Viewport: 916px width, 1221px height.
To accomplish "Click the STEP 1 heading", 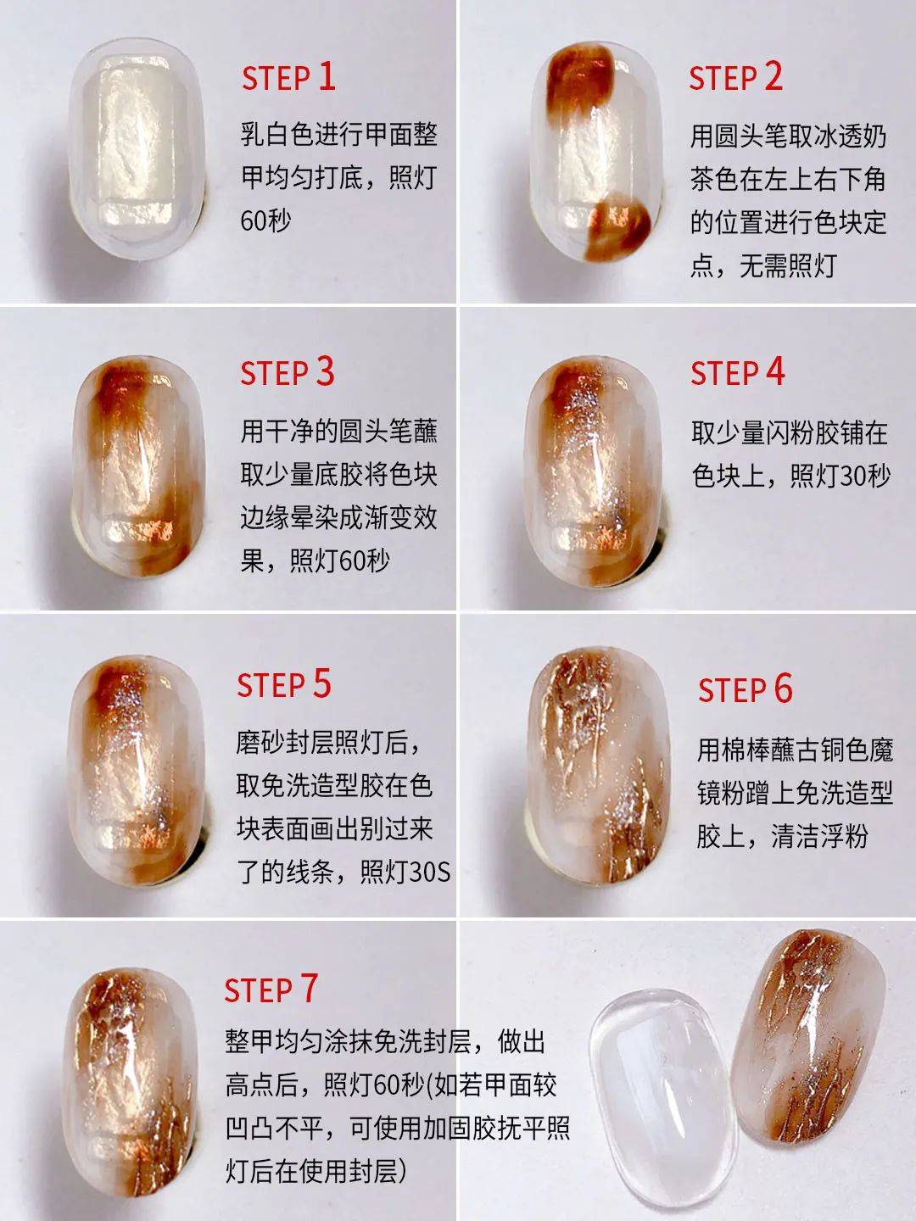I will (288, 77).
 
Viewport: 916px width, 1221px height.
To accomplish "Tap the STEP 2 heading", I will (734, 77).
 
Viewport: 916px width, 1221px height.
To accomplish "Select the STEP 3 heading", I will (287, 373).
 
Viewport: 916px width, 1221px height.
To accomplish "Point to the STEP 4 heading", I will (737, 373).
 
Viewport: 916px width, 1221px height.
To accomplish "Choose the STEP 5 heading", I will (283, 685).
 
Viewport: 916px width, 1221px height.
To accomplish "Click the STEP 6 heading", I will (745, 690).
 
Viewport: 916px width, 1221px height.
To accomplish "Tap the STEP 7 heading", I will (271, 990).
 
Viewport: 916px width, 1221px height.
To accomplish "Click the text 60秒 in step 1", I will (265, 221).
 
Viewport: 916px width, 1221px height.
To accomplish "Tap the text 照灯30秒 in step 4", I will (840, 477).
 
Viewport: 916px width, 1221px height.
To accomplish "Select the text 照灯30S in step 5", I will (405, 872).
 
